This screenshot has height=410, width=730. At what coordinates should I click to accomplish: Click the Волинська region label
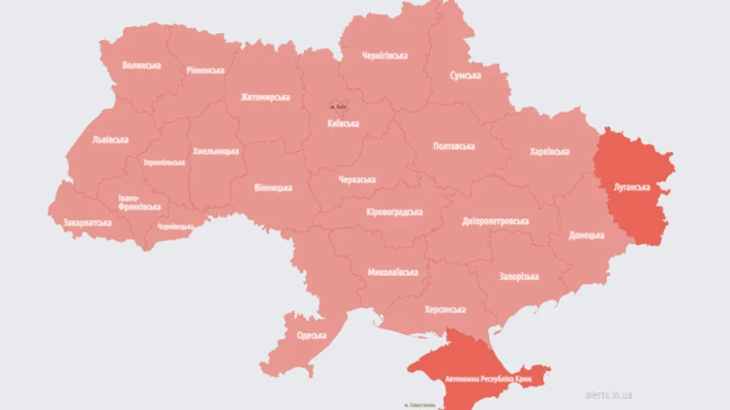[x=141, y=65]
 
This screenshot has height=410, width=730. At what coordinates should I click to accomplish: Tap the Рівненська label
[x=206, y=70]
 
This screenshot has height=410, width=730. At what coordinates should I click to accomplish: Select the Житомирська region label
[x=265, y=97]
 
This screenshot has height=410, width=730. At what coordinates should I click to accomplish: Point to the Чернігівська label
[x=385, y=56]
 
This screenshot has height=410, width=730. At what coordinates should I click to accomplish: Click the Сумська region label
[x=465, y=75]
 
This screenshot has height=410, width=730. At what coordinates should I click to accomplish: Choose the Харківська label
[x=549, y=152]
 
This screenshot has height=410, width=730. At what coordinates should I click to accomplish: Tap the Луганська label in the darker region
[x=631, y=188]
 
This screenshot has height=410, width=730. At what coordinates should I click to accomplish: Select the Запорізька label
[x=519, y=276]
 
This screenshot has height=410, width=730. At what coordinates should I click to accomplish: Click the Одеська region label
[x=311, y=335]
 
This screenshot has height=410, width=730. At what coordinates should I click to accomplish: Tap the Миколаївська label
[x=392, y=272]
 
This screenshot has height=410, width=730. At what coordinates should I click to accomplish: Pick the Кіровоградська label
[x=393, y=212]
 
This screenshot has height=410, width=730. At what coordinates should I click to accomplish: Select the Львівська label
[x=110, y=140]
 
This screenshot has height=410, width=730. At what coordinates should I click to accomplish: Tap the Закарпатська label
[x=81, y=223]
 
